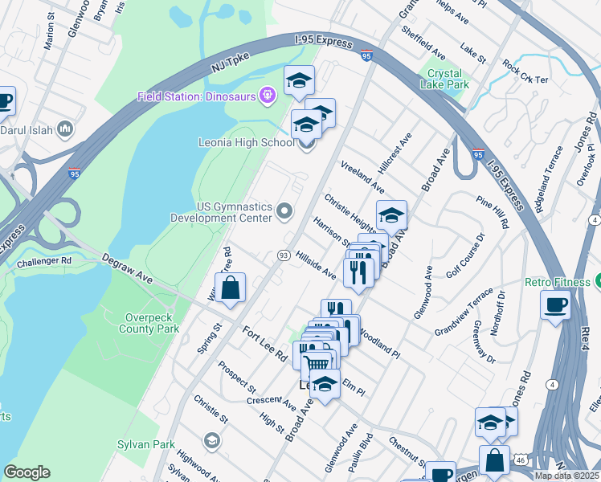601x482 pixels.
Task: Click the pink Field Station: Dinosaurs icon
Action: (268, 96)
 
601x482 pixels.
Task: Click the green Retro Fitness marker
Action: (599, 282)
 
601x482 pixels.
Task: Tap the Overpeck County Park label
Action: (148, 323)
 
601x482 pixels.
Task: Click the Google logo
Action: (27, 472)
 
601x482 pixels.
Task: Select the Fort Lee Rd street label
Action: (264, 341)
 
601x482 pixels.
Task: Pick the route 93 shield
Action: (284, 255)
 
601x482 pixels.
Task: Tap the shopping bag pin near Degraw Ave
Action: (230, 288)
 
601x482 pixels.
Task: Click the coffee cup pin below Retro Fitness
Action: (556, 305)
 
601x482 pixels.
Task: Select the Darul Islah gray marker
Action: (65, 128)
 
